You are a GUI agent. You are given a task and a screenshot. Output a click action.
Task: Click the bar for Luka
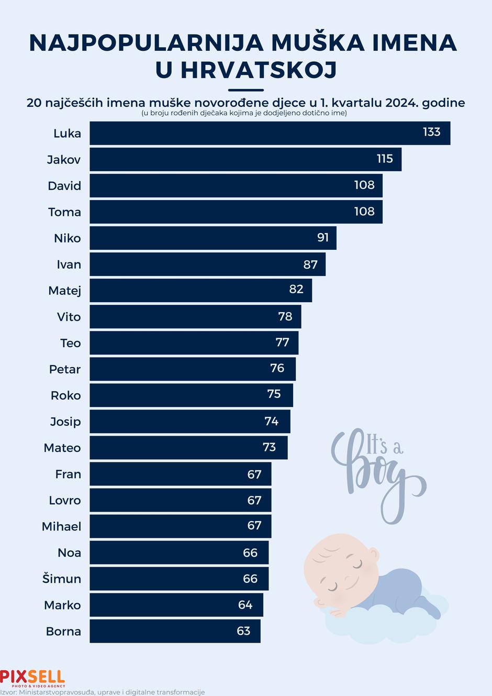click(270, 133)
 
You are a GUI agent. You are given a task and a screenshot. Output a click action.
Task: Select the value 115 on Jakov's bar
click(385, 159)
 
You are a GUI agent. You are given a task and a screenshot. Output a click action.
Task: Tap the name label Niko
click(67, 238)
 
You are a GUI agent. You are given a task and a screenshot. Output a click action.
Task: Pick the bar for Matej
click(200, 290)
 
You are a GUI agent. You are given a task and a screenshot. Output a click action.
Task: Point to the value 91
click(323, 238)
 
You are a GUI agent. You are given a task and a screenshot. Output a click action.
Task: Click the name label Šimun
click(62, 579)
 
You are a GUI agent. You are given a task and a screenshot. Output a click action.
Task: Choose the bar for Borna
click(175, 631)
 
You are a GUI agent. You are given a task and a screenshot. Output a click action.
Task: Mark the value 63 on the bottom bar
click(243, 631)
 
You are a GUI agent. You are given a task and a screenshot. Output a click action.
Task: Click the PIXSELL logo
click(32, 678)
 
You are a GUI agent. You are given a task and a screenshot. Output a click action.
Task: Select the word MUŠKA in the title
click(317, 43)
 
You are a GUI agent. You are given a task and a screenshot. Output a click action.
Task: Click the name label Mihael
click(61, 526)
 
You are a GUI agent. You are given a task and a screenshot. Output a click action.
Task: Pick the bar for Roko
click(191, 395)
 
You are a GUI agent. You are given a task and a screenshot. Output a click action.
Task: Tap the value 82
click(296, 290)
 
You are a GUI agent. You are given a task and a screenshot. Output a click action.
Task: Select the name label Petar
click(65, 369)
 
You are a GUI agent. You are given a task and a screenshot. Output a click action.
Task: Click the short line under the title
click(246, 90)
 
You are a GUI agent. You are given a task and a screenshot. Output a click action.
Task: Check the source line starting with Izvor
click(103, 692)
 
